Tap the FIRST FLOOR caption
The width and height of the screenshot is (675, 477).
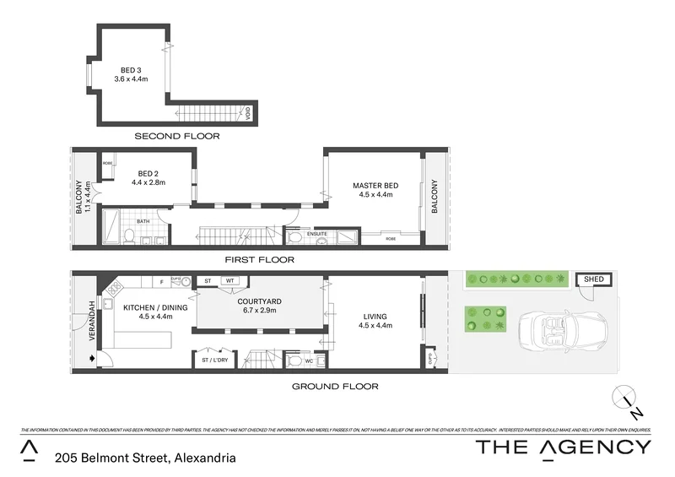[260, 260]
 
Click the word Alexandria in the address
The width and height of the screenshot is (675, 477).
[203, 458]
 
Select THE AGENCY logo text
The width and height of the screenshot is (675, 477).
[564, 447]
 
